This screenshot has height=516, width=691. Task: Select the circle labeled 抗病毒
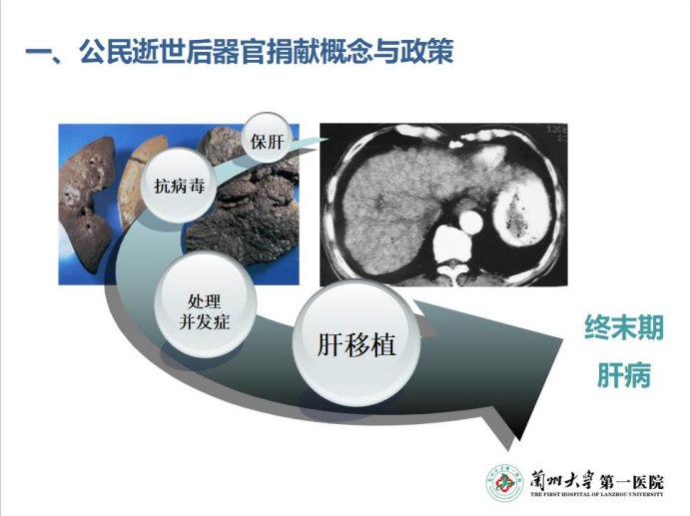179,186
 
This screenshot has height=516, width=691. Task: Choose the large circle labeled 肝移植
356,344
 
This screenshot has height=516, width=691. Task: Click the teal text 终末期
623,327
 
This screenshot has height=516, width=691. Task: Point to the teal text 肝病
623,375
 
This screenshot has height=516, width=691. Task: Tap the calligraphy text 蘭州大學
562,480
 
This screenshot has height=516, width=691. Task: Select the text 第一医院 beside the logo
631,481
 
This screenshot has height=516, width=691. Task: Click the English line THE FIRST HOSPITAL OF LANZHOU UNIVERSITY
597,494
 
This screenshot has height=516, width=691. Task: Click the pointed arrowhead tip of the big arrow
563,339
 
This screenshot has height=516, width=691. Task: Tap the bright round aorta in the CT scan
471,222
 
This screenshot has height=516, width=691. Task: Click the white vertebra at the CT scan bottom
450,245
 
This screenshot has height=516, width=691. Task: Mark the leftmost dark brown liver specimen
85,203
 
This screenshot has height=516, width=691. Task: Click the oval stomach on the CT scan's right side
515,213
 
